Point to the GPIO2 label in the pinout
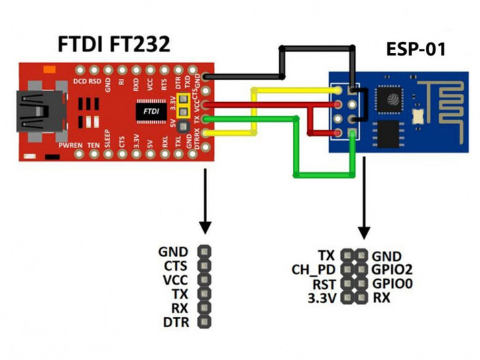point(392,269)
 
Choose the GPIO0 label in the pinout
point(392,283)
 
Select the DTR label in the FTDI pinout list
point(176,322)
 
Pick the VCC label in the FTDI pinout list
point(176,280)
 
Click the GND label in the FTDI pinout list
point(175,252)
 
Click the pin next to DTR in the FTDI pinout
point(204,322)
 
